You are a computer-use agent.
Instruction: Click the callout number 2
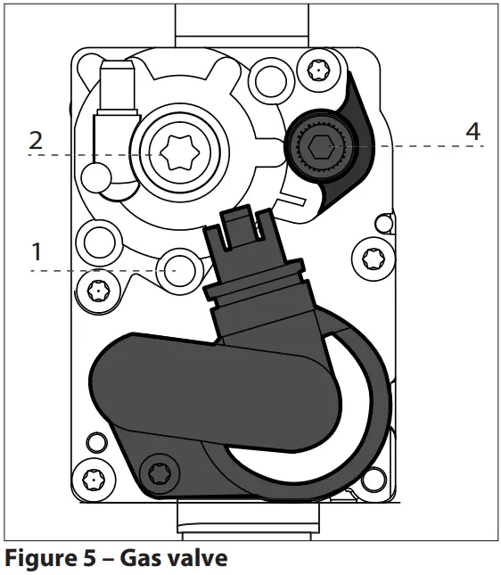pos(36,139)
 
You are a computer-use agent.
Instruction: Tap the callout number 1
pos(37,252)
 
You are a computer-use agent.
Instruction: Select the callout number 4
pos(472,131)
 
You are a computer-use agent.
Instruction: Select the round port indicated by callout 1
pos(175,267)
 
